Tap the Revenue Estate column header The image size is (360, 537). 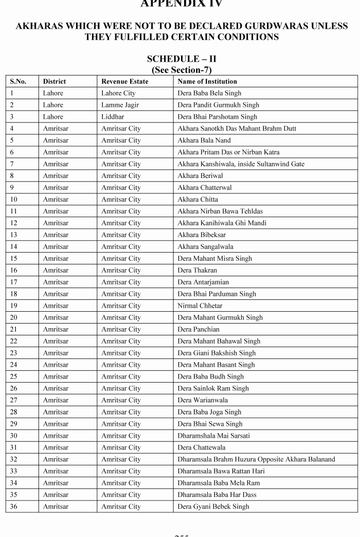click(124, 81)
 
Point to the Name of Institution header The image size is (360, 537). click(207, 81)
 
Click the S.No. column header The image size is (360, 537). click(18, 81)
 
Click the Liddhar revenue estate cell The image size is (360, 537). click(113, 117)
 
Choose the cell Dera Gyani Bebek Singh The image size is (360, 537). click(213, 507)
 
